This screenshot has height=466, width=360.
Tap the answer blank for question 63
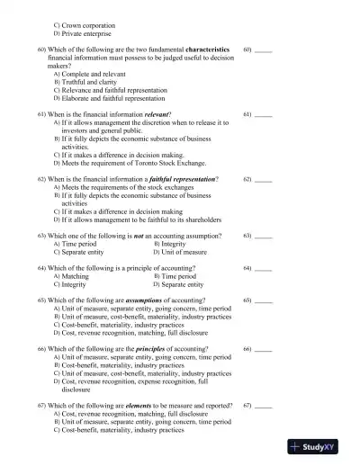click(x=263, y=236)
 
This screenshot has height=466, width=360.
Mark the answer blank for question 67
click(x=263, y=406)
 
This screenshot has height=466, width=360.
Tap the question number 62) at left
click(x=40, y=180)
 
